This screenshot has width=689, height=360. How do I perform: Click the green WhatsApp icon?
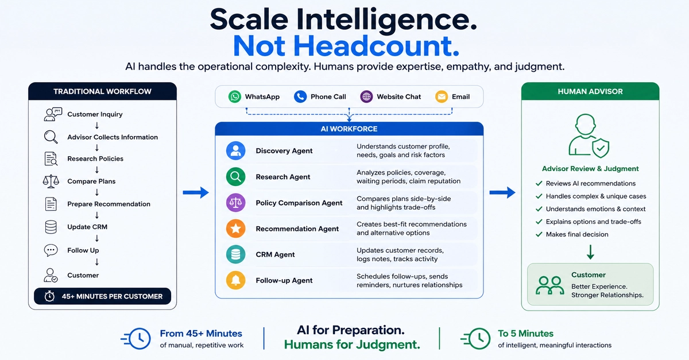point(235,96)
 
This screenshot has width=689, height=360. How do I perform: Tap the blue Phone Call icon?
point(300,96)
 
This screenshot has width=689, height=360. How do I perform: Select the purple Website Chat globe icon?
point(366,96)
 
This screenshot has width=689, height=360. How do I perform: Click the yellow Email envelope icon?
point(442,96)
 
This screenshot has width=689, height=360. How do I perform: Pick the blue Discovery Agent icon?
point(235,151)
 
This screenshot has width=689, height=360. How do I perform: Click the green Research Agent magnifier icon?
point(235,177)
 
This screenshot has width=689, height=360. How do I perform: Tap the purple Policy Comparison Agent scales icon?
point(235,203)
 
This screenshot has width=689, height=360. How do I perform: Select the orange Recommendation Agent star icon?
point(235,229)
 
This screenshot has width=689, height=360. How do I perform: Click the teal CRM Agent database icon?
point(235,254)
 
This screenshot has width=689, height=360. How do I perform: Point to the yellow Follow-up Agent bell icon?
point(235,280)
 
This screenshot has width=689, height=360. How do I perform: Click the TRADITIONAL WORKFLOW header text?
point(102,91)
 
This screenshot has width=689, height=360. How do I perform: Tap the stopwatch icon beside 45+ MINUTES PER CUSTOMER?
point(49,296)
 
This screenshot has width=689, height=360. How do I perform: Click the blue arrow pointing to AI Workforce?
point(196,192)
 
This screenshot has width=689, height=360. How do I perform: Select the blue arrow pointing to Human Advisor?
point(502,192)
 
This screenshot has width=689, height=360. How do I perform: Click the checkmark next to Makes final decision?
point(539,234)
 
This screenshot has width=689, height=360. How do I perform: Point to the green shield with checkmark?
point(601,148)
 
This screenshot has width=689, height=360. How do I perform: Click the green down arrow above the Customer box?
point(590,252)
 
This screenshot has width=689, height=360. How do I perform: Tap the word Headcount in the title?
point(376,46)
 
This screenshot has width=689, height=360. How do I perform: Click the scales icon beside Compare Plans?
point(51,181)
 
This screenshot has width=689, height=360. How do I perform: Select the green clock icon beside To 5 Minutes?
point(476,339)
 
